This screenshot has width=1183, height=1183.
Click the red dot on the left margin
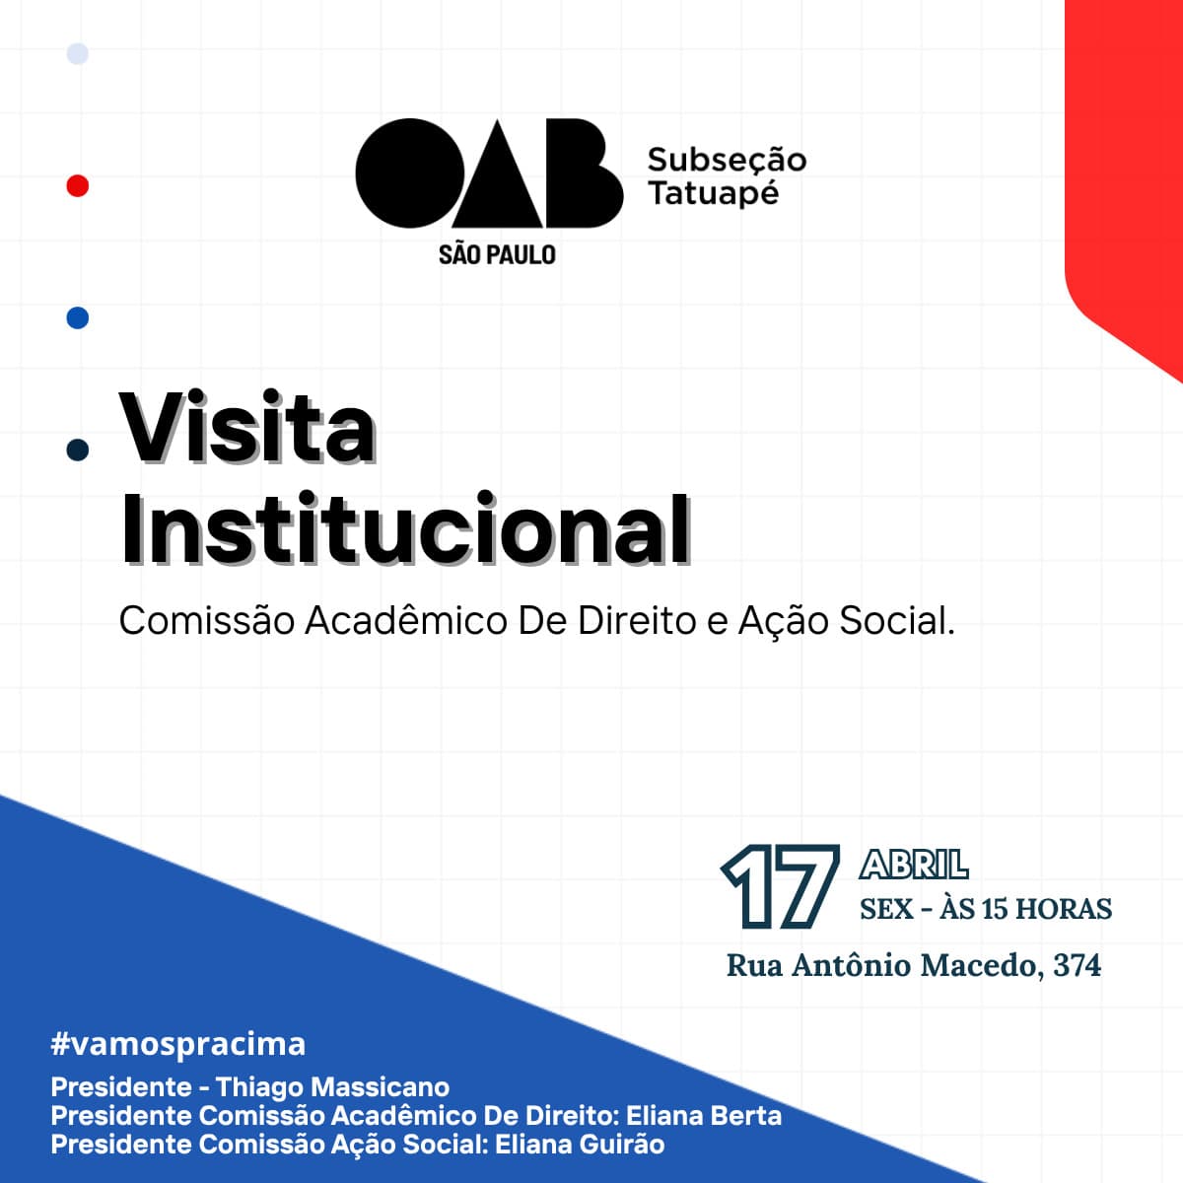(77, 185)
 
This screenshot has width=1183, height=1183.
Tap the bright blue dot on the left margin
(77, 317)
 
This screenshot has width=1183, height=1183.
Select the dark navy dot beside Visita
(77, 450)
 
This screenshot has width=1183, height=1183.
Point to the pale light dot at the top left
(77, 53)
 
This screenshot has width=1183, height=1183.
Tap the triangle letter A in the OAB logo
(498, 182)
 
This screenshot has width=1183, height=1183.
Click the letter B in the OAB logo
(582, 174)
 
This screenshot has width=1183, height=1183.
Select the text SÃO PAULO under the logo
(497, 254)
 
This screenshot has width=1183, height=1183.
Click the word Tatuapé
(714, 193)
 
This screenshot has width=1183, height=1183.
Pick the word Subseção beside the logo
(727, 160)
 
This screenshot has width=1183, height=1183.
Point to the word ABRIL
(914, 866)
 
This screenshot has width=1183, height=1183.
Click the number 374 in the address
(1077, 964)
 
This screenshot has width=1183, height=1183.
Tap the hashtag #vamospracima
(178, 1043)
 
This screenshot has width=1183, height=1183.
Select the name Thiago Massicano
(332, 1086)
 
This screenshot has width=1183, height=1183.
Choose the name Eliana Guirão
(580, 1144)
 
